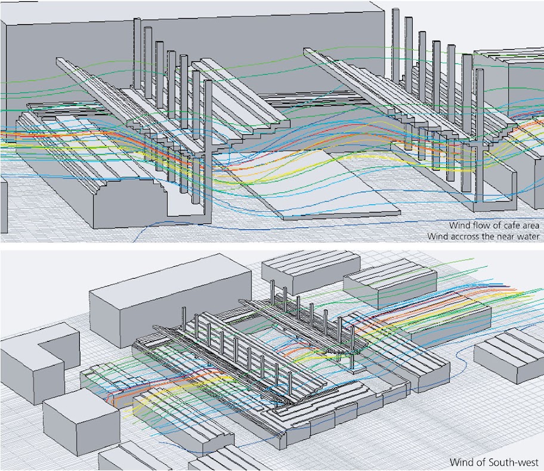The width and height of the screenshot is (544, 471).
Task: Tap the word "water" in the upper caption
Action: [x=527, y=236]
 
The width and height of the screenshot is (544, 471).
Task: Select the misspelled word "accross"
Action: [x=465, y=236]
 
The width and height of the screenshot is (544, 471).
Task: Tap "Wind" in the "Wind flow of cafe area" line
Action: [x=460, y=225]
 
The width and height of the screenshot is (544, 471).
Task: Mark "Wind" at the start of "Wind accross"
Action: [x=438, y=236]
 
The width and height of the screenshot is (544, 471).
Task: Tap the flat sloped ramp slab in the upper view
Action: [x=322, y=185]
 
